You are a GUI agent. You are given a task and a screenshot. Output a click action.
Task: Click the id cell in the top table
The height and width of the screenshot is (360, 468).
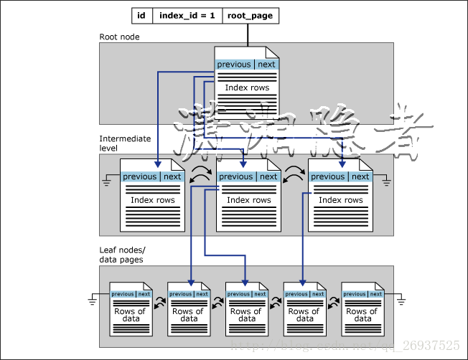tap(141, 15)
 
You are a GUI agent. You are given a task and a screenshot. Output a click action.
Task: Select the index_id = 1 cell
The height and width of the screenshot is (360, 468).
tap(187, 15)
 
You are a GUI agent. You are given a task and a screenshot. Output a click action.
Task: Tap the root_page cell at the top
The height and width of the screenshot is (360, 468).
tap(248, 15)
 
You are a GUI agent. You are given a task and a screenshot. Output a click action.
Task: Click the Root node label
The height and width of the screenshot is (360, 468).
tap(119, 37)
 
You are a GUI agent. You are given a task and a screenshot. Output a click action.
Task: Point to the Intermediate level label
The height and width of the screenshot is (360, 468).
tap(125, 142)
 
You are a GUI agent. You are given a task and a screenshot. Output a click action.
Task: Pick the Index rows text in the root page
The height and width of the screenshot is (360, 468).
tap(247, 88)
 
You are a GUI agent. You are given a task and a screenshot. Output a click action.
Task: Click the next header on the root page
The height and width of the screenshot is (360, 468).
tap(266, 65)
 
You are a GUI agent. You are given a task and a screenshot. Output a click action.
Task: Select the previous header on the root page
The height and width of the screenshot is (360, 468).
tap(234, 65)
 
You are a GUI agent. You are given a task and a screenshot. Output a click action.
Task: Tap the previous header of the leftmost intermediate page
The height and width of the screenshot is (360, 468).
tap(139, 176)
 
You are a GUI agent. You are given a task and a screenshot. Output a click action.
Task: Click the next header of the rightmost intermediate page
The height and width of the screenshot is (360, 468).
tap(360, 176)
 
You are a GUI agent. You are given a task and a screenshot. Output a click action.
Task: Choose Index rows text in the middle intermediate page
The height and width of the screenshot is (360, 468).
tap(248, 200)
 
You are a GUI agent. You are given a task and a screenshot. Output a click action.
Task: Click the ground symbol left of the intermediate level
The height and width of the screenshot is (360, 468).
tap(108, 182)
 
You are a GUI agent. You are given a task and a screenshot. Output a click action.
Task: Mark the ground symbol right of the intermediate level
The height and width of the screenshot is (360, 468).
tap(386, 182)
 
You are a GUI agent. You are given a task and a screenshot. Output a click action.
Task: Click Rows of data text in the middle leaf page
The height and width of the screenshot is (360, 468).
tap(246, 315)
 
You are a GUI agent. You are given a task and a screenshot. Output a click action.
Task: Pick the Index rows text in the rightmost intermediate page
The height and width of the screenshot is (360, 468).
tap(340, 200)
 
